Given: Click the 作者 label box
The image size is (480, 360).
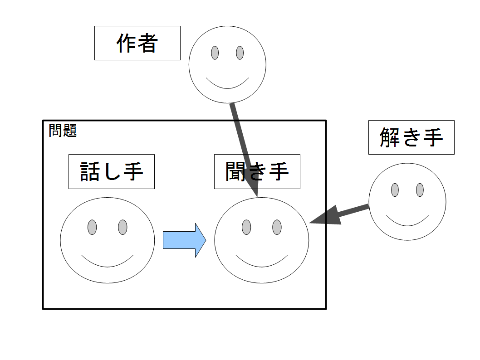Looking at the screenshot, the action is (x=137, y=43).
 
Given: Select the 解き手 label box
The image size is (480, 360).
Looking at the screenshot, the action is (x=411, y=137).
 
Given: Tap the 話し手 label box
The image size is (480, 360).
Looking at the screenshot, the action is (x=112, y=171).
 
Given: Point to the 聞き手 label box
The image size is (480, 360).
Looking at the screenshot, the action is (x=257, y=171).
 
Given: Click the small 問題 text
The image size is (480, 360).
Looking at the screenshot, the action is (x=63, y=131).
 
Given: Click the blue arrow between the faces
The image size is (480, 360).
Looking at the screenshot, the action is (x=184, y=240).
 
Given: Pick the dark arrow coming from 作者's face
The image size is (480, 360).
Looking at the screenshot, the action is (x=244, y=150).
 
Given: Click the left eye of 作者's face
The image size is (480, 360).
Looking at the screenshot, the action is (x=215, y=53).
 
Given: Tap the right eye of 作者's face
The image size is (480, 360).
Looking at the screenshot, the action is (x=240, y=53).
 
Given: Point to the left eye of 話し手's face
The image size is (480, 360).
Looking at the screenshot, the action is (x=92, y=227).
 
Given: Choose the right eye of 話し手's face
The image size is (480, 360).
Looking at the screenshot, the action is (x=123, y=227).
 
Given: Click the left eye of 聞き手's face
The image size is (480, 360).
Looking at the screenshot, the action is (x=246, y=227).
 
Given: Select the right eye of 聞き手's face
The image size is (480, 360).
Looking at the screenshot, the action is (x=277, y=227).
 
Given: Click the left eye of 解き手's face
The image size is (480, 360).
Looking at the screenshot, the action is (x=395, y=190).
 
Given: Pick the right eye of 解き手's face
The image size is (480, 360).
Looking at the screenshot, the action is (x=420, y=190).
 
